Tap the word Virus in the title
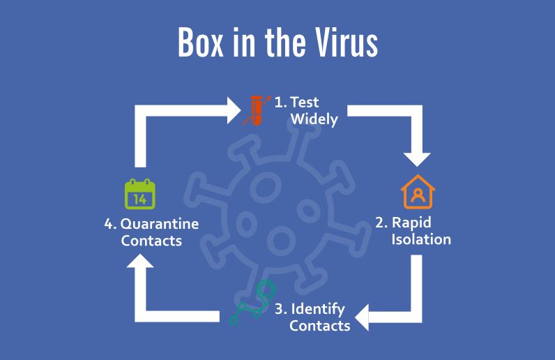(346, 43)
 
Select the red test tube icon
(257, 110)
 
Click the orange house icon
(418, 193)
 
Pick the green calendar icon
(139, 195)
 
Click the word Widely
(314, 119)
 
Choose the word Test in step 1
(304, 102)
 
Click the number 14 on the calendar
(139, 200)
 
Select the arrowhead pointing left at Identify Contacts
(362, 317)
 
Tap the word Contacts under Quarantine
(151, 241)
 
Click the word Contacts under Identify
(319, 325)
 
